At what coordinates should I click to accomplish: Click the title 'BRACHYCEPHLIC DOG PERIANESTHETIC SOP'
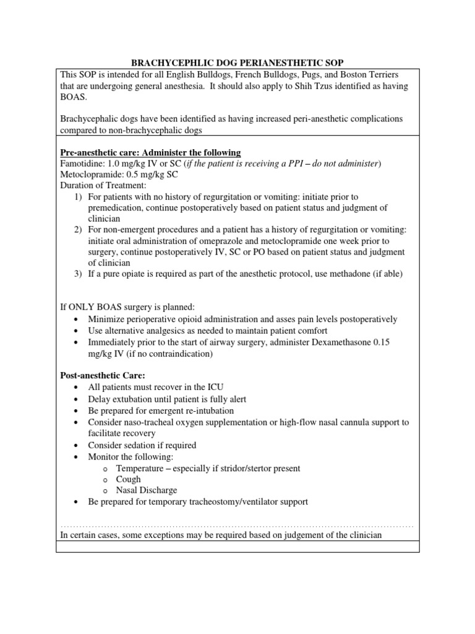pyautogui.click(x=237, y=63)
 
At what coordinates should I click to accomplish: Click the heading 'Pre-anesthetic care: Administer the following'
pyautogui.click(x=150, y=153)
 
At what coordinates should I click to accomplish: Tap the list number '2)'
pyautogui.click(x=78, y=230)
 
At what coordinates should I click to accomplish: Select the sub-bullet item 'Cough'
pyautogui.click(x=129, y=479)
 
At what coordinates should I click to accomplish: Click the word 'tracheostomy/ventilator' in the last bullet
pyautogui.click(x=247, y=502)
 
